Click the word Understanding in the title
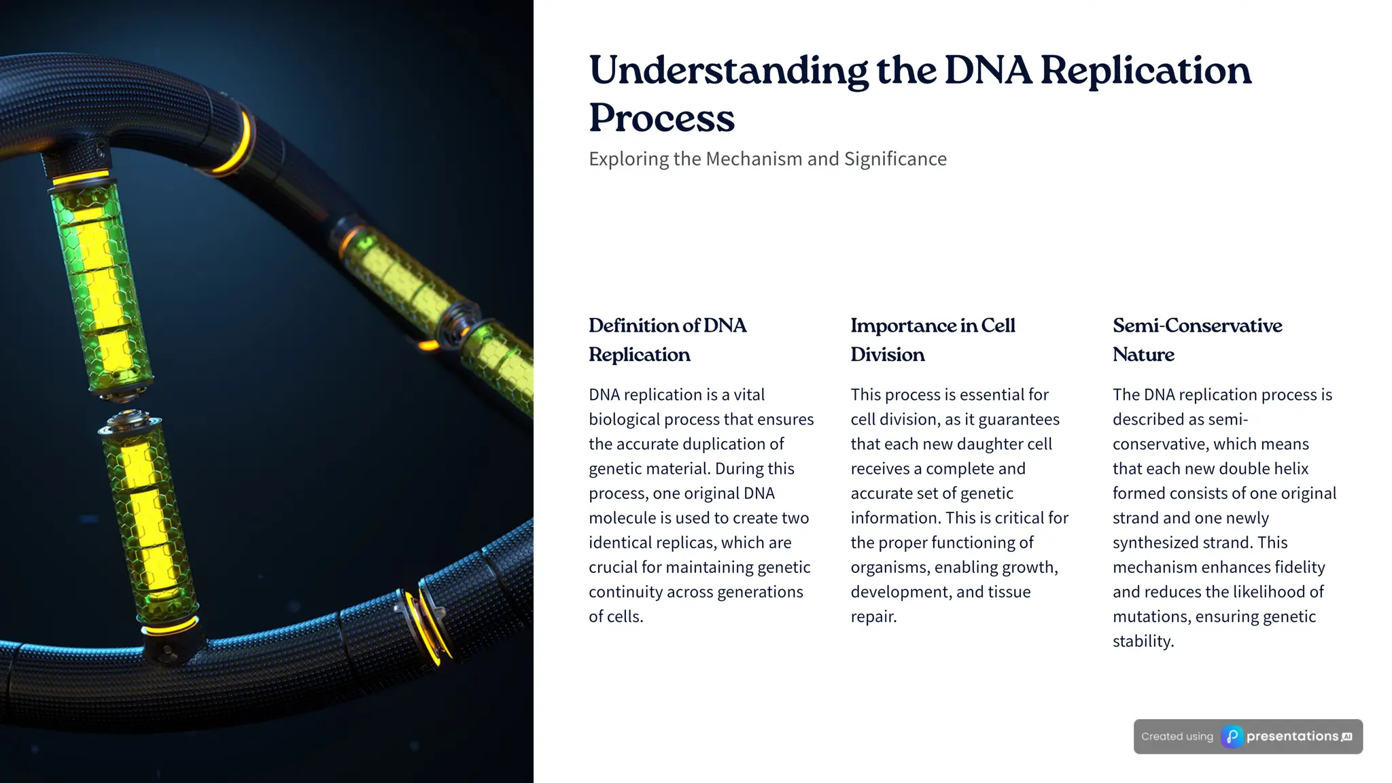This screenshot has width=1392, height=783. coord(728,71)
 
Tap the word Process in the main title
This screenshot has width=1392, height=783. coord(661,118)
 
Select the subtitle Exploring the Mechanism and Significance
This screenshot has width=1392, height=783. coord(767,159)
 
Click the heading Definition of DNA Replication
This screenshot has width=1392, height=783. coord(667,340)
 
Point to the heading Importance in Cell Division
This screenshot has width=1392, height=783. coord(932,340)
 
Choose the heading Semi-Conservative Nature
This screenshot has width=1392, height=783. coord(1196,340)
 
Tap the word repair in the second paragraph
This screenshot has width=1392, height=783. coord(873,616)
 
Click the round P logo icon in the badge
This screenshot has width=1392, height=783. coord(1232,737)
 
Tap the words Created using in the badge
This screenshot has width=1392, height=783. coord(1177,737)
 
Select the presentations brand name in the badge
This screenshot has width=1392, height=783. coord(1292,737)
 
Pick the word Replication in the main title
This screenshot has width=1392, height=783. coord(1145,71)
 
